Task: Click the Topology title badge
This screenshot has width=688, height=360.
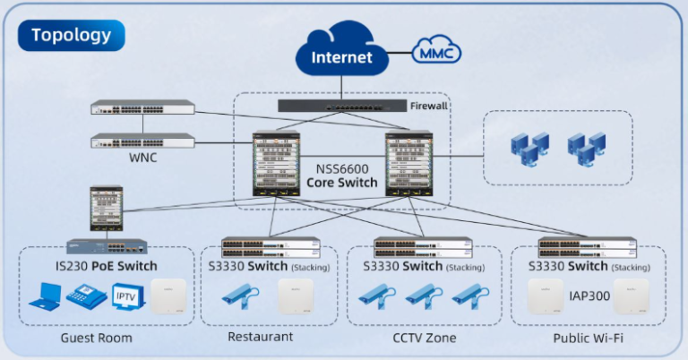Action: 72,36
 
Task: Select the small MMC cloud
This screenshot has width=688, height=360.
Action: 436,53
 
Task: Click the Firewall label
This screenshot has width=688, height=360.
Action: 428,106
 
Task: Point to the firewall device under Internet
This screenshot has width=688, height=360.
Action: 340,106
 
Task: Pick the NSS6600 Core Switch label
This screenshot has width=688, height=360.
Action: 341,176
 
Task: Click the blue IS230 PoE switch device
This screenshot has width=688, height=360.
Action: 107,244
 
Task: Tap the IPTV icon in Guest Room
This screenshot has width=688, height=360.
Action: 125,296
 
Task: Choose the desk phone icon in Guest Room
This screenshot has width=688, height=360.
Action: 85,296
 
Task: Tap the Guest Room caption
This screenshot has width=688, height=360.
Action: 96,338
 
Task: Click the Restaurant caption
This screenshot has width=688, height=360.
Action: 260,337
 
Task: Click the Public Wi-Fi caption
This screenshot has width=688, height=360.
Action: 588,338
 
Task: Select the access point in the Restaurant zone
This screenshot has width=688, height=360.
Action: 296,296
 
